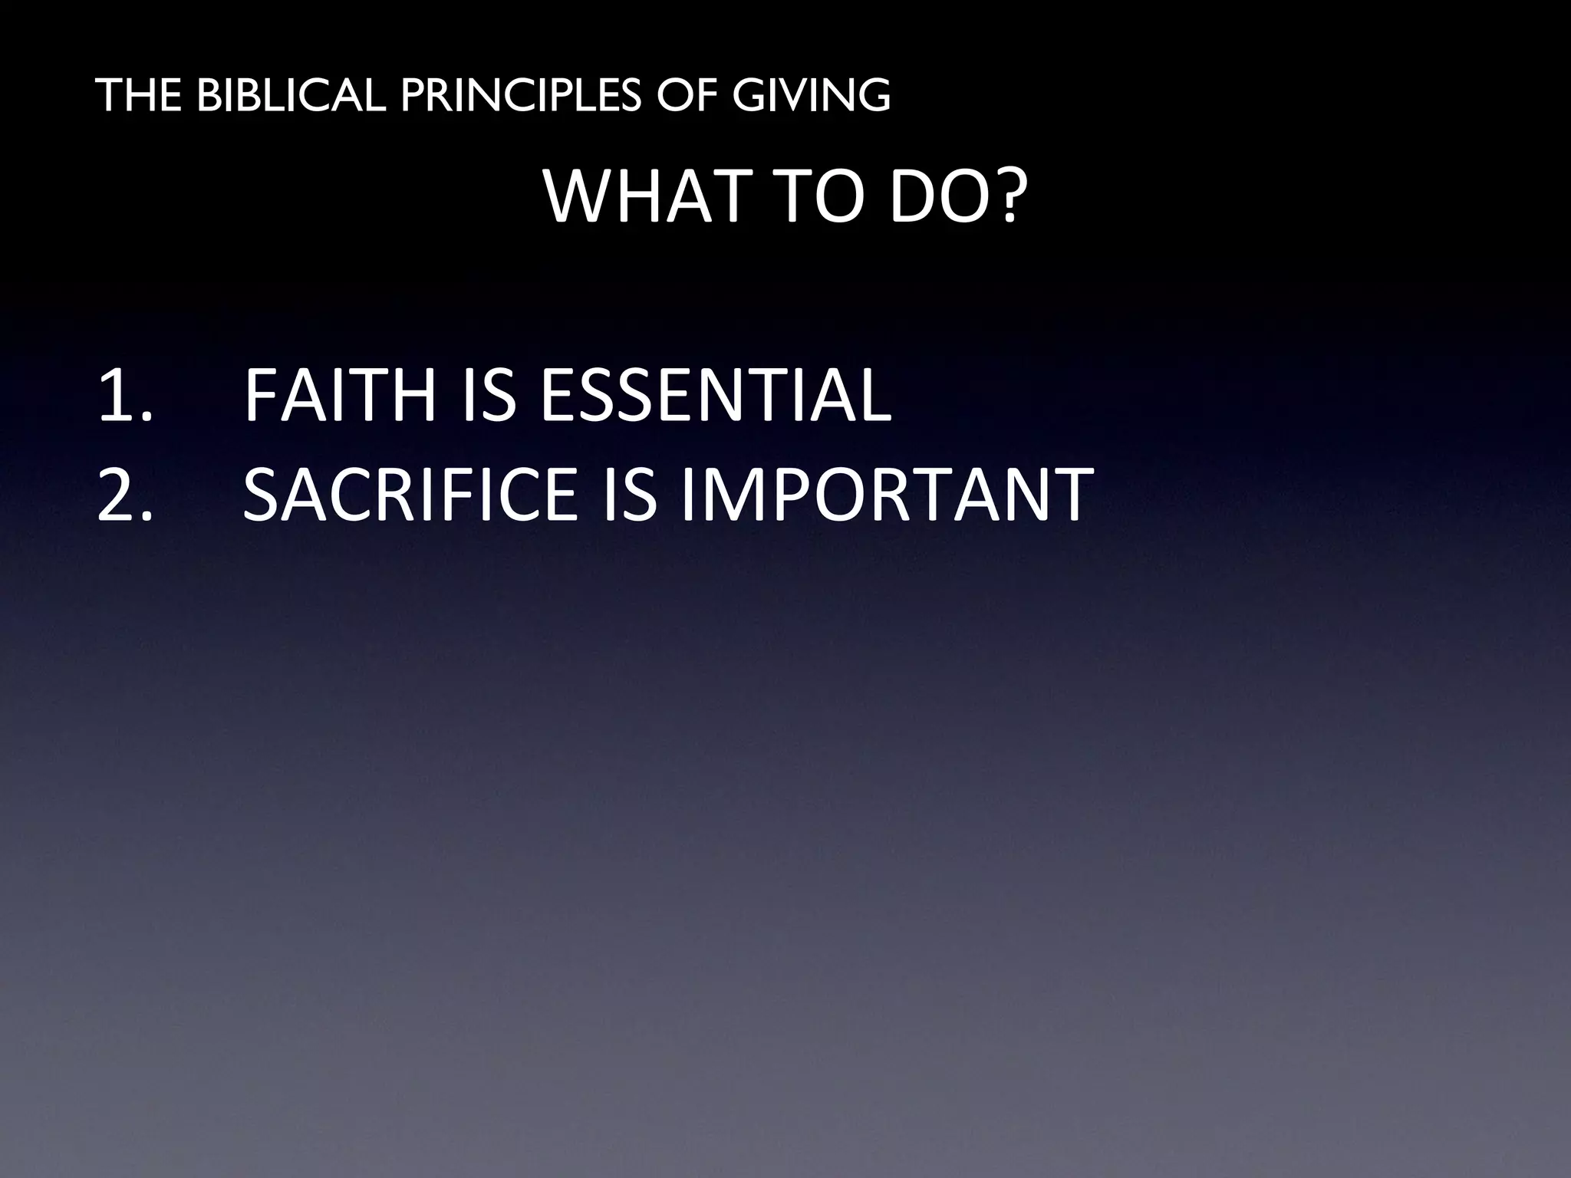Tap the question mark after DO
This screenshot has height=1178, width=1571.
(1005, 197)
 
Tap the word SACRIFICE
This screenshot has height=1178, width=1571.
(410, 495)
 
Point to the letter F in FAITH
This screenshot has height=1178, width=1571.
(261, 396)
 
